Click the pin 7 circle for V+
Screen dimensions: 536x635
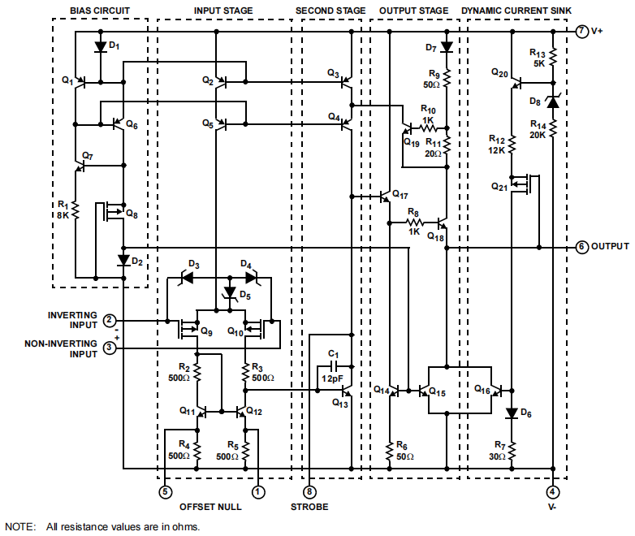(581, 32)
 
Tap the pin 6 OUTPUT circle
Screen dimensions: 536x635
(581, 246)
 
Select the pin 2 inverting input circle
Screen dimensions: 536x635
(110, 321)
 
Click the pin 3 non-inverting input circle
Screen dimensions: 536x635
(110, 348)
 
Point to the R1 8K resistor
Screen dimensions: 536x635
(74, 211)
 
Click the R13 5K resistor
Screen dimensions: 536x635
(552, 57)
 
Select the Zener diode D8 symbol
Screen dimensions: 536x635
(552, 102)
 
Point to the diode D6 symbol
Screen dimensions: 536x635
(512, 413)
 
